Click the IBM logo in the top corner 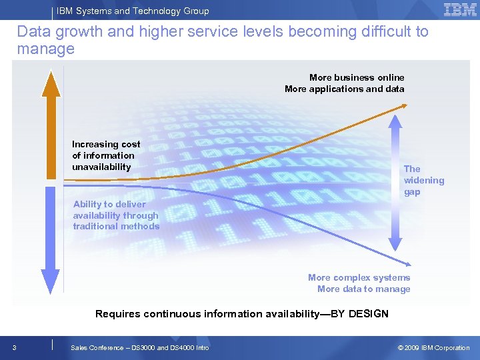(460, 10)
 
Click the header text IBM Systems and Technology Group (133, 11)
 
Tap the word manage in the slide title (45, 49)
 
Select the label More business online (357, 77)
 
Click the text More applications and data (344, 89)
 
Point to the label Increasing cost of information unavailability (106, 155)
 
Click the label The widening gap (423, 180)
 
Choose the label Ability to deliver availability (116, 215)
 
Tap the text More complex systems (359, 277)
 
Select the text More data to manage (363, 289)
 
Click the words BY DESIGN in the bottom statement (359, 313)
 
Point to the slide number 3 (14, 347)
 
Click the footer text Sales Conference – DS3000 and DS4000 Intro (139, 347)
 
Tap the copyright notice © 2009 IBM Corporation (433, 347)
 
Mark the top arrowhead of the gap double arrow (395, 119)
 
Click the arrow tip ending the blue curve (410, 264)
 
